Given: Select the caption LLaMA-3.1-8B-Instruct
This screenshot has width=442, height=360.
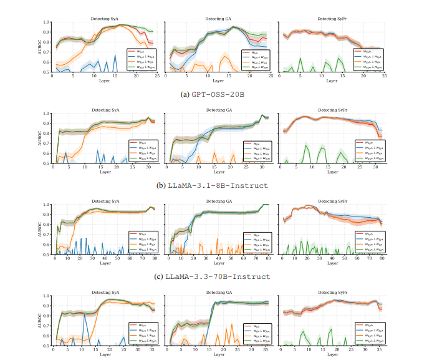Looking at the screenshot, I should [x=226, y=185].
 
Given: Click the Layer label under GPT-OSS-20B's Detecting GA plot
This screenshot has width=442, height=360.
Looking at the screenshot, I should [x=218, y=81].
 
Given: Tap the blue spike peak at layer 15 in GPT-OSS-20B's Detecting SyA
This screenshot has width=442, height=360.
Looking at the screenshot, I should [x=115, y=55].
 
